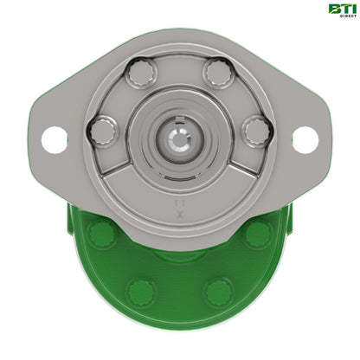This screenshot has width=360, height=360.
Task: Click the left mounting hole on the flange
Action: coord(54,138)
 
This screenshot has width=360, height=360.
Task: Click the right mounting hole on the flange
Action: coord(305,138)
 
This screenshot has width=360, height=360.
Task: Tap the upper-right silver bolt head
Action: coord(218,73)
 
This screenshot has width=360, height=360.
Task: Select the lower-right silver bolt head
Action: coord(257,132)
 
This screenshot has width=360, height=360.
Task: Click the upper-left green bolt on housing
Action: coord(102,232)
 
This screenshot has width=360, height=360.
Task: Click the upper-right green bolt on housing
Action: coord(257,232)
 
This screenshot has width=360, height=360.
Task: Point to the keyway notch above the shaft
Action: coord(180,118)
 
